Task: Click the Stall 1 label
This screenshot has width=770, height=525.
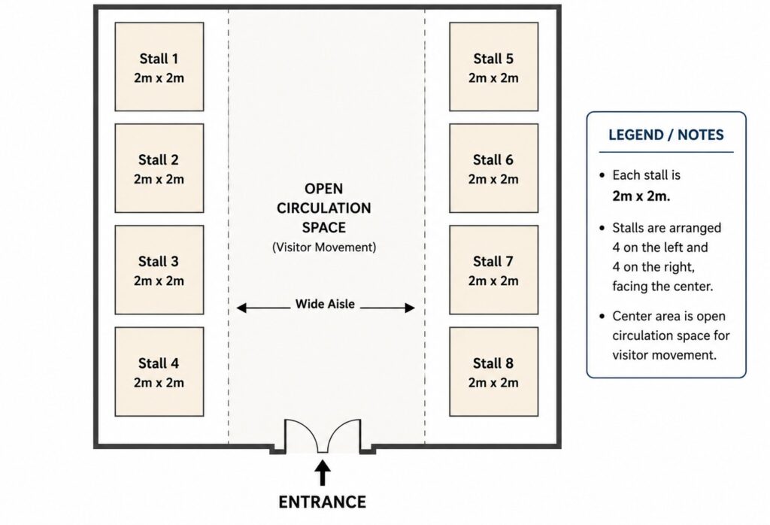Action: pos(159,59)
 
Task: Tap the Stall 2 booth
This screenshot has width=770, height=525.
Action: pos(159,168)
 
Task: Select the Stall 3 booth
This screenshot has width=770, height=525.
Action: pos(159,269)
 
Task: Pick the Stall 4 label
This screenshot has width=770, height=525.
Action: pos(159,363)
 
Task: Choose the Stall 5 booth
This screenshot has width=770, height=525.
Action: pos(493,66)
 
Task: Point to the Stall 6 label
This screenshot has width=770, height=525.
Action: pos(493,160)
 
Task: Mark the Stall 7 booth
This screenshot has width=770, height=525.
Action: pos(493,269)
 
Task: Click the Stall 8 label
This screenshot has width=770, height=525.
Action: pos(493,363)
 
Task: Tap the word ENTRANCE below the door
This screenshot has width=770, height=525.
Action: pos(322,502)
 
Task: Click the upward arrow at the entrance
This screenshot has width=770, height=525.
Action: pos(322,472)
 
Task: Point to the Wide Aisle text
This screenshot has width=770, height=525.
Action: pos(325,304)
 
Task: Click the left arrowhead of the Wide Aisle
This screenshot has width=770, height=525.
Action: pos(241,308)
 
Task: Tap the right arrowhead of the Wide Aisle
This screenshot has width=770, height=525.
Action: pos(410,308)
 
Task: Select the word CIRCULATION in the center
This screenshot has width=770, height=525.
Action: pos(323,208)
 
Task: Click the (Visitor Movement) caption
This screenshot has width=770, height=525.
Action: pos(324,247)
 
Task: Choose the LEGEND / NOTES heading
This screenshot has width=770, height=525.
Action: pos(666,135)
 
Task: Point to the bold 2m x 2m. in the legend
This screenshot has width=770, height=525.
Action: pos(641,196)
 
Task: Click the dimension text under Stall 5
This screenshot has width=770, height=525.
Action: pos(493,78)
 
